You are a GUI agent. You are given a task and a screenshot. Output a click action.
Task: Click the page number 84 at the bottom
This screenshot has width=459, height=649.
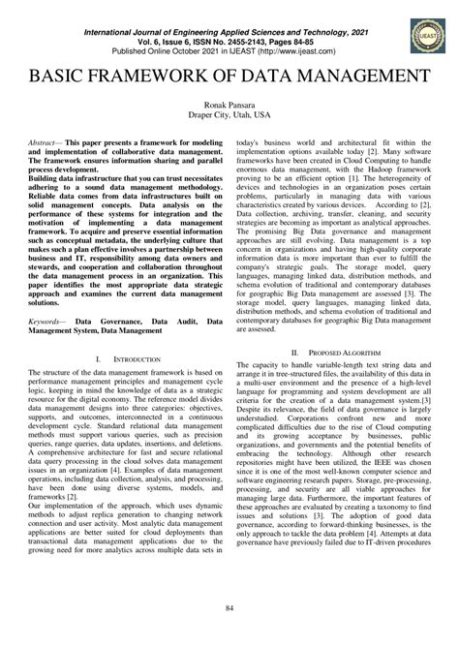[x=229, y=607]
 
